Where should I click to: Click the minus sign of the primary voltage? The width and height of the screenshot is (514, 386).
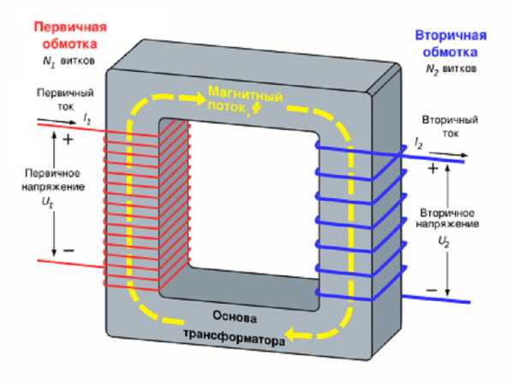pos(69,250)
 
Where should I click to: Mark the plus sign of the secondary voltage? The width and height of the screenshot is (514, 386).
pos(433,169)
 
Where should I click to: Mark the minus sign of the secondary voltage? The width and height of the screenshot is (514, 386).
pos(431,290)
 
